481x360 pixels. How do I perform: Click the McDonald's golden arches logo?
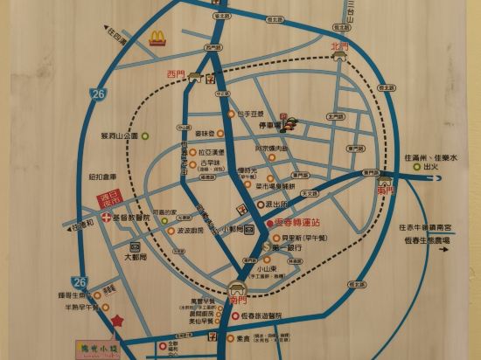pos(157,38)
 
